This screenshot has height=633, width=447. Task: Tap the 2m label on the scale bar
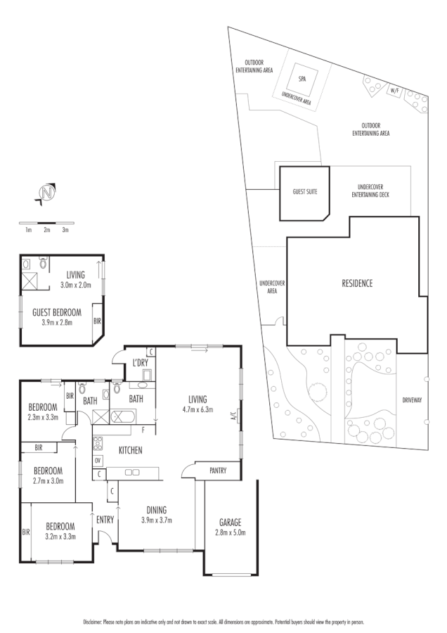[x=47, y=230]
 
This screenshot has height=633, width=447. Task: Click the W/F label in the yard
[x=394, y=91]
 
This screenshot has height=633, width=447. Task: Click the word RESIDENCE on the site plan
[x=357, y=283]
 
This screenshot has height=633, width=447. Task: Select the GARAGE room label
[x=229, y=522]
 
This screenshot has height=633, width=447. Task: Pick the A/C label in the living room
[x=233, y=415]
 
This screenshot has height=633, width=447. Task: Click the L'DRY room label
[x=140, y=363]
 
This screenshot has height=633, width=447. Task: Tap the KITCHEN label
[x=131, y=449]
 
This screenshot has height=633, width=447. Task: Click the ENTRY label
[x=105, y=519]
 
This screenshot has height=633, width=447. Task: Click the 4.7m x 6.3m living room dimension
[x=197, y=409]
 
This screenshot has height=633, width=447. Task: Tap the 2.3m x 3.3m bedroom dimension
[x=43, y=416]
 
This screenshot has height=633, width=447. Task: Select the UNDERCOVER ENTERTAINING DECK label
[x=370, y=191]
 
